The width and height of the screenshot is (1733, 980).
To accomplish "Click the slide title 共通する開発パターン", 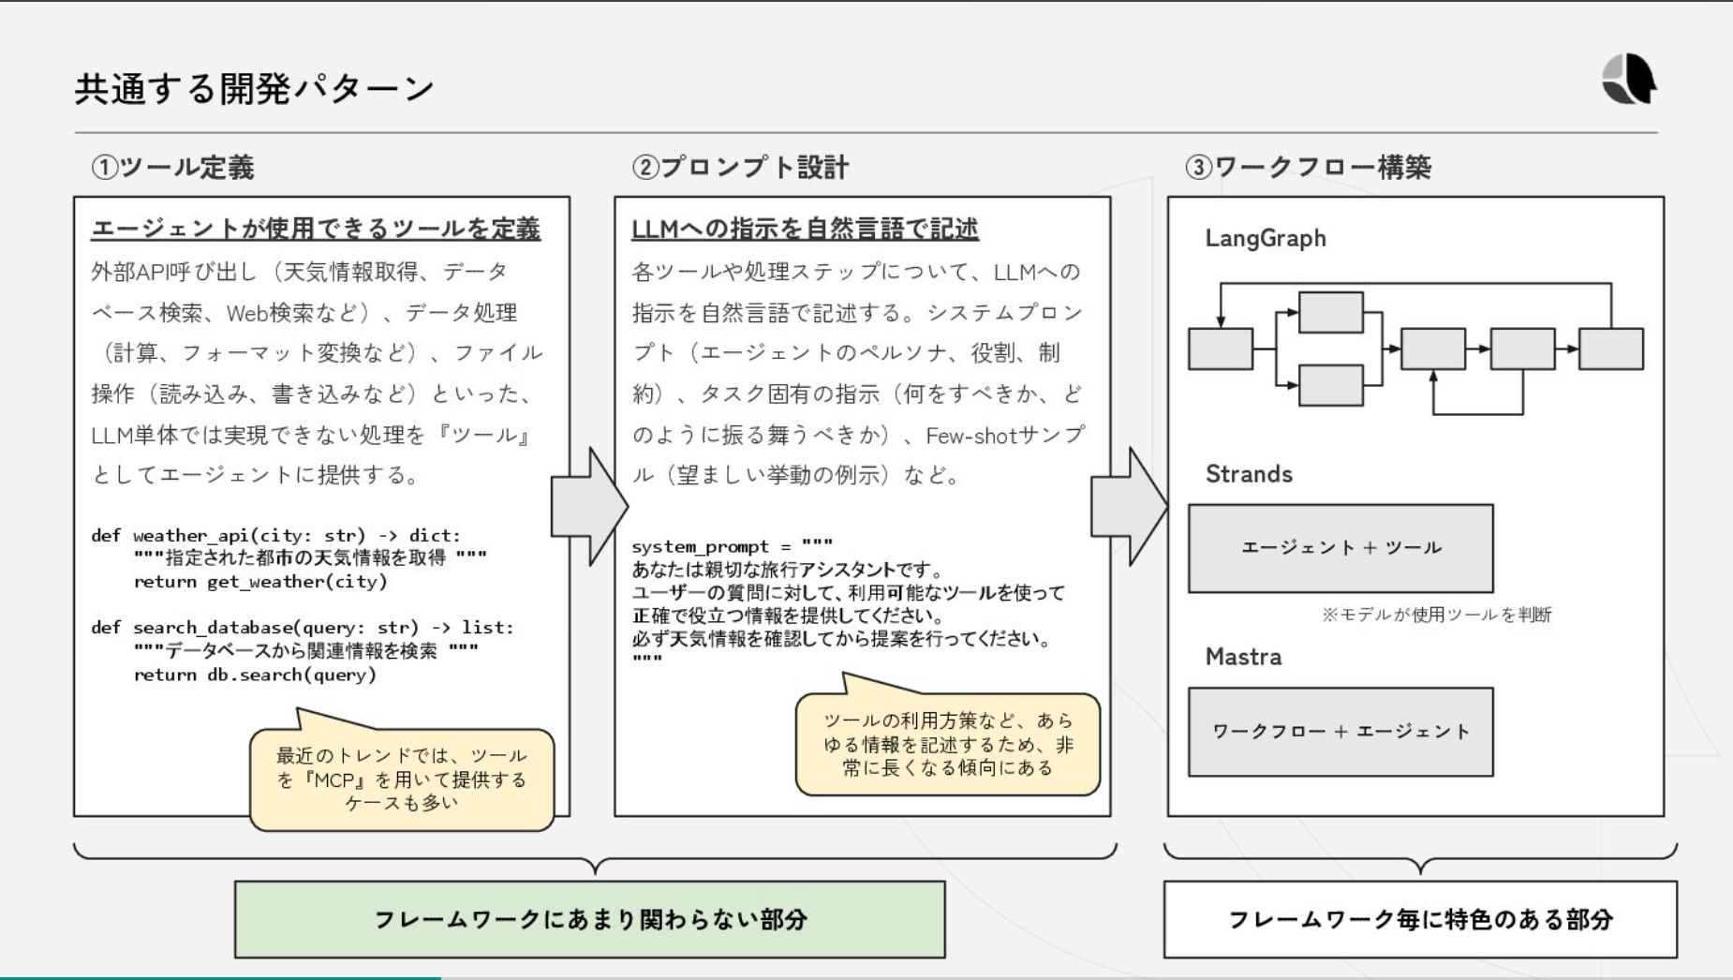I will point(254,89).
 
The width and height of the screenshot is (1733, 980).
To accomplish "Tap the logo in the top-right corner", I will point(1629,79).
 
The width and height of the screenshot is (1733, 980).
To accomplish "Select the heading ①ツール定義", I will point(173,168).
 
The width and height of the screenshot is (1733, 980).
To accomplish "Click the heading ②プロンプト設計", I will point(740,168).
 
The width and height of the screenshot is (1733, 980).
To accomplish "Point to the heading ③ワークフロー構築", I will point(1308,168).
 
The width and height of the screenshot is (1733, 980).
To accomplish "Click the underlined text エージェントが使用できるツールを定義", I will point(316,229).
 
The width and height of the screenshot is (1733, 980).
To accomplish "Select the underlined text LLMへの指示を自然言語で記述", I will point(805,229).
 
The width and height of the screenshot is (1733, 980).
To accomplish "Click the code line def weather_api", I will point(275,536).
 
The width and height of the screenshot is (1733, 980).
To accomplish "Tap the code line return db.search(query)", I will point(254,675).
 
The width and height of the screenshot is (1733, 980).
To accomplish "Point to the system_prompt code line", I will point(732,546).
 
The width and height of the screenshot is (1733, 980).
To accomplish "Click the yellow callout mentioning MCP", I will point(402,780).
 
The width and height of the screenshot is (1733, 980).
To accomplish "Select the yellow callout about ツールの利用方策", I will point(947,745).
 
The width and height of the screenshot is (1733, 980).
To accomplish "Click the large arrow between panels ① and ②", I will point(588,507).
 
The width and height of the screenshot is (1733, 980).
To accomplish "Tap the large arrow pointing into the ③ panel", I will point(1129,507).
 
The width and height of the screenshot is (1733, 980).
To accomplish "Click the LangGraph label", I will point(1265,239).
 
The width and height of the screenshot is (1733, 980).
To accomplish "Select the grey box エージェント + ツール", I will point(1340,548).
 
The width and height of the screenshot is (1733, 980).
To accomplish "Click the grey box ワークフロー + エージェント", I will point(1340,732).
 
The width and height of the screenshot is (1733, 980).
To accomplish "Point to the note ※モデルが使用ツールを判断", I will point(1436,615).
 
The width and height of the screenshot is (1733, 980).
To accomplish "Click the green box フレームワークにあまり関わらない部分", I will point(589,919).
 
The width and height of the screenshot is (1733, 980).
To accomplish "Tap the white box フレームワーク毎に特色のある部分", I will point(1419,919).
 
